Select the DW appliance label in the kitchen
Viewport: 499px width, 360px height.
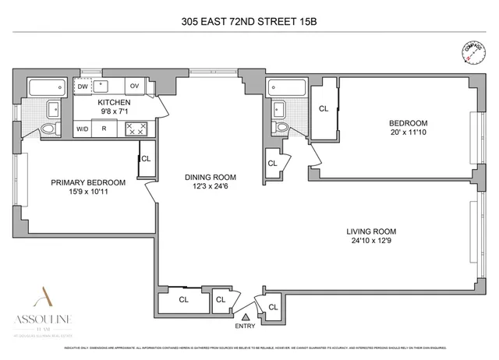click(83, 86)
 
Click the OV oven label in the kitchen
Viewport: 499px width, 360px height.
click(134, 86)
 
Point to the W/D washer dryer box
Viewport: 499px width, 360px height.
click(82, 129)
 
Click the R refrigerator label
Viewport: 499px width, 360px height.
click(104, 129)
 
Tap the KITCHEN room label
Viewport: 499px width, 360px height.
click(113, 102)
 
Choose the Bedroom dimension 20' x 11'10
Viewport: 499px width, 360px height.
click(409, 133)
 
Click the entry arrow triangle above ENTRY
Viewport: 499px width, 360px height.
click(246, 316)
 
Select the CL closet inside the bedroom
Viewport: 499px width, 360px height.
click(323, 108)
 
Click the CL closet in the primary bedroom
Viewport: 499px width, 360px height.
click(146, 158)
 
